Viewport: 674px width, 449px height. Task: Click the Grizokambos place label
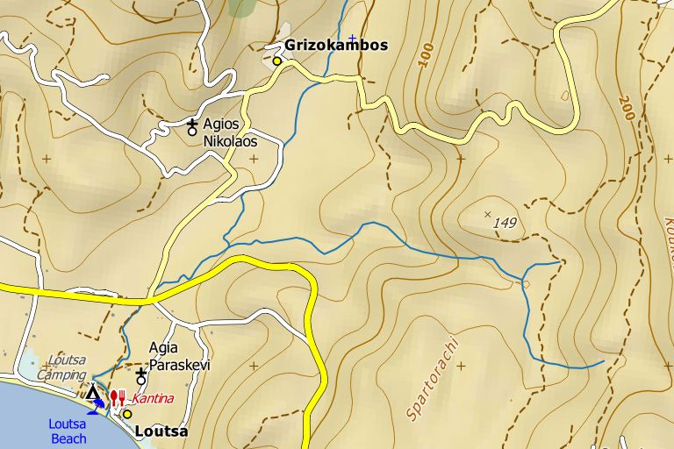point(336,46)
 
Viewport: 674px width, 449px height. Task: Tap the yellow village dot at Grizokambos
point(277,61)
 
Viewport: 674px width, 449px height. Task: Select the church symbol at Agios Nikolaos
point(192,128)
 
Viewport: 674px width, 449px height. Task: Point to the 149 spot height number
point(505,224)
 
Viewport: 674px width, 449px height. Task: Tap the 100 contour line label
point(427,55)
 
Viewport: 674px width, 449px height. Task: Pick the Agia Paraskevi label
point(180,356)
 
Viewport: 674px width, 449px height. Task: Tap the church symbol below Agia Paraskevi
point(140,377)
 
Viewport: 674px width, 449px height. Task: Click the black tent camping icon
point(92,392)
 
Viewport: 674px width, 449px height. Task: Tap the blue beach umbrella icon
point(98,406)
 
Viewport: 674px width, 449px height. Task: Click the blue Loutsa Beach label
point(68,431)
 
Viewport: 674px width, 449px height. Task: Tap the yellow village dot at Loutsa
point(126,414)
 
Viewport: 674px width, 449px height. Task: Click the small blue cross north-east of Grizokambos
point(352,39)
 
